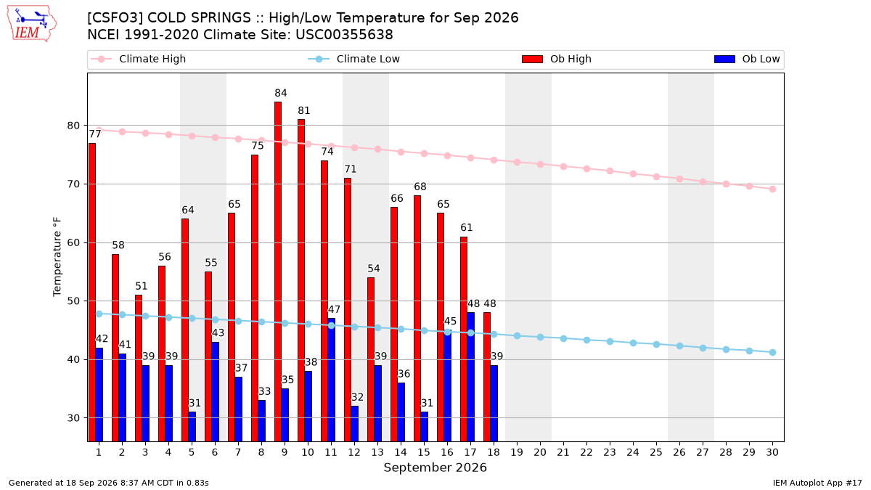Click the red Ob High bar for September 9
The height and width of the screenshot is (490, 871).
278,271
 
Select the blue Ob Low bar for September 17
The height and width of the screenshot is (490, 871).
470,377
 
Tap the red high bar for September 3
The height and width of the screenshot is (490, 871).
139,368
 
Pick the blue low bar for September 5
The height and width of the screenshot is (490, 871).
192,427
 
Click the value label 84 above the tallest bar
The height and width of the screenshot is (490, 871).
281,93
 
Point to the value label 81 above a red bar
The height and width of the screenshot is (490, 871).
304,111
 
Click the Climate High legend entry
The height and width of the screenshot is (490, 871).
139,59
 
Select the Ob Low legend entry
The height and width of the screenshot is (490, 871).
747,59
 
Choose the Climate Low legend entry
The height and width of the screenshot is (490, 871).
354,59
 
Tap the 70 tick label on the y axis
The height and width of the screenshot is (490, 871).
73,184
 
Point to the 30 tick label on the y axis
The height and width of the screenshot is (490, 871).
73,418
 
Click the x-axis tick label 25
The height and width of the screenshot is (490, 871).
656,452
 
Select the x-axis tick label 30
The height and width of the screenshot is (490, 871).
772,452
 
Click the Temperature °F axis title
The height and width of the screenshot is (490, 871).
57,257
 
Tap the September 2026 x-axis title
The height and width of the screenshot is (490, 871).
435,467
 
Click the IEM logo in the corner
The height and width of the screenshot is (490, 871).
32,24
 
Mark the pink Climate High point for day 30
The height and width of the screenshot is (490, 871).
772,189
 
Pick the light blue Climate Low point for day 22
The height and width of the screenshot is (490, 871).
586,340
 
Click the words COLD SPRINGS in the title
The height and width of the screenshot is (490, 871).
199,18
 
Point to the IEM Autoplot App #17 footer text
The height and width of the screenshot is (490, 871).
817,483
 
